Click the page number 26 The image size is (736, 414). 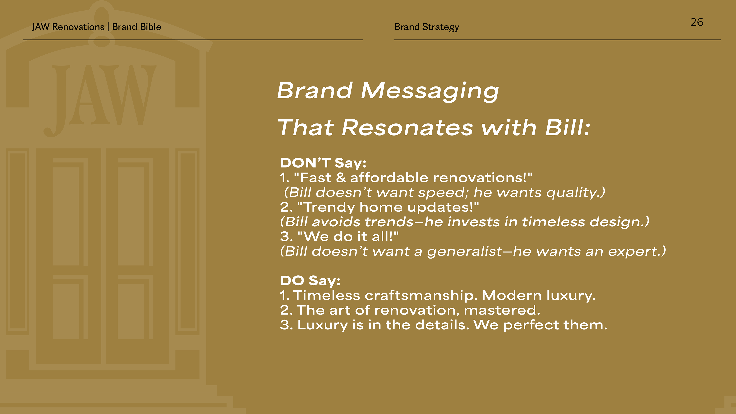click(x=697, y=22)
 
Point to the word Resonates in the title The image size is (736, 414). click(x=408, y=127)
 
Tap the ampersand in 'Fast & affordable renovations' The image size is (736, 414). click(x=341, y=178)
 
